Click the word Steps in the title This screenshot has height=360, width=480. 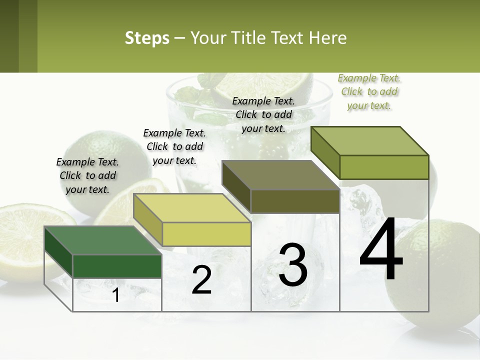click(x=147, y=38)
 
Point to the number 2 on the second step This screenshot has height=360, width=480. click(x=201, y=280)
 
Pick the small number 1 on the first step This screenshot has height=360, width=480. click(x=116, y=295)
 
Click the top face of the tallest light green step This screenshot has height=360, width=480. click(x=370, y=141)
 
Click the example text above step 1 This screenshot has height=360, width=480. click(x=87, y=175)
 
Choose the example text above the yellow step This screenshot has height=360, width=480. click(x=174, y=146)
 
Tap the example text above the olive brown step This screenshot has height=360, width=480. click(x=263, y=114)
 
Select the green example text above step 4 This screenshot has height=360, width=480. click(x=369, y=91)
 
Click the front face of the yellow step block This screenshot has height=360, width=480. click(x=206, y=234)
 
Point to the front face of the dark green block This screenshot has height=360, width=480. click(x=117, y=266)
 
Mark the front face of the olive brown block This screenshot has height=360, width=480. click(x=295, y=201)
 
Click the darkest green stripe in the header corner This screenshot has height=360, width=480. click(x=9, y=36)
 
